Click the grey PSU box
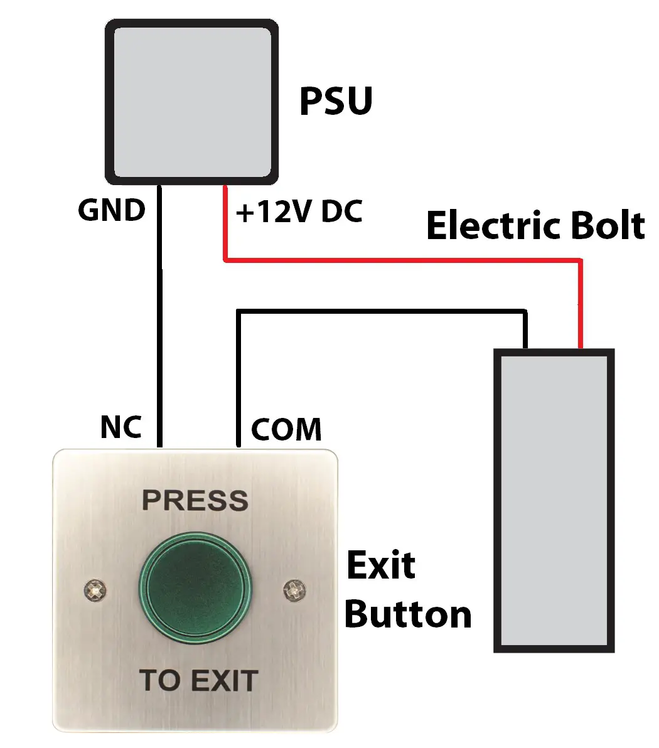191,102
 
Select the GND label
111,211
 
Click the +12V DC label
299,213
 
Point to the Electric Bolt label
535,226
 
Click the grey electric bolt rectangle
553,500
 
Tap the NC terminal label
121,427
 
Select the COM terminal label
286,430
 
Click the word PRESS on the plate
195,501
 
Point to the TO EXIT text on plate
198,681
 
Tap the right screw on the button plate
293,589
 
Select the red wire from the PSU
402,259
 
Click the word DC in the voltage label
341,213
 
